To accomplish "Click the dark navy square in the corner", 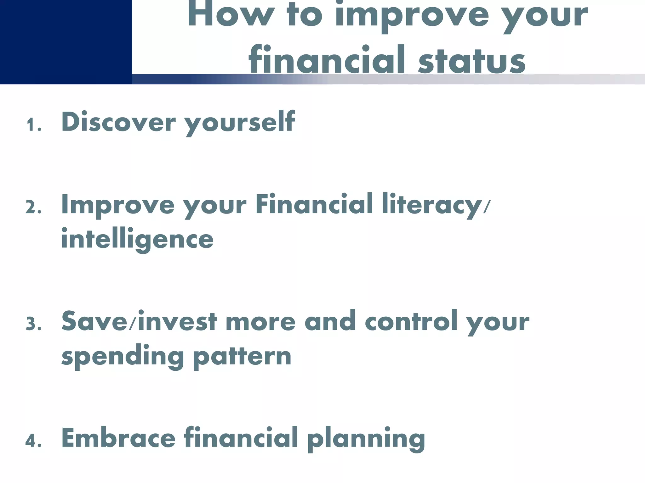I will pos(66,42).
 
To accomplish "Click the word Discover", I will pos(118,122).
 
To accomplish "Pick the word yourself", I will pos(239,123).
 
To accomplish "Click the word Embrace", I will pos(118,438).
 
